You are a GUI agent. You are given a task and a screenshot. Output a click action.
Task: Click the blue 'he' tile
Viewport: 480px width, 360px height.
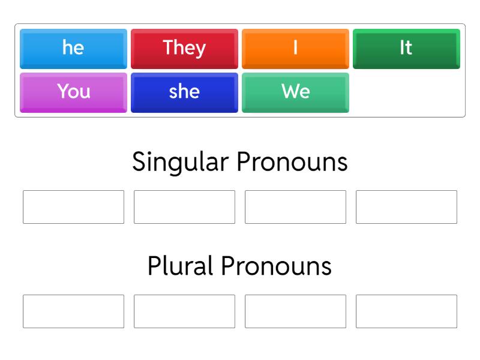click(73, 48)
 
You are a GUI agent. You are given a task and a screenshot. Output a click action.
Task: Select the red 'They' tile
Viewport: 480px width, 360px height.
click(184, 48)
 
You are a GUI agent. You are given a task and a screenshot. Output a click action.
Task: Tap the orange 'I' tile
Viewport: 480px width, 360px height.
click(295, 48)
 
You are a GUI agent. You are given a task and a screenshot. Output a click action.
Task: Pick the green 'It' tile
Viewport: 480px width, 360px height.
click(406, 48)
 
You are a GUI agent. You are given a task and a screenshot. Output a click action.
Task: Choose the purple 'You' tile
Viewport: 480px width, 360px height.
click(73, 92)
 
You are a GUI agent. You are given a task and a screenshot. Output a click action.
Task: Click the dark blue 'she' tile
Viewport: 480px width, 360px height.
click(184, 92)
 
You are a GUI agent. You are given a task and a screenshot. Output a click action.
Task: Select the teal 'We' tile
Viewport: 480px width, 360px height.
click(295, 92)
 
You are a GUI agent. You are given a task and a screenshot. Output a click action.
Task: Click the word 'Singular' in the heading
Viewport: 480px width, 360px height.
click(180, 162)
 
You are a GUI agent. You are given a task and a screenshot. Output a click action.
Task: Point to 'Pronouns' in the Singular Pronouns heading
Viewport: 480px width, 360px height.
click(292, 162)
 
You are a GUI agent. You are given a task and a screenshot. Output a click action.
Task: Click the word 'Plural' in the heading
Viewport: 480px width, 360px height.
click(180, 266)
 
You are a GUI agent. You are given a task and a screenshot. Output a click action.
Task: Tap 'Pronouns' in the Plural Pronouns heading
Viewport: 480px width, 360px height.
click(276, 266)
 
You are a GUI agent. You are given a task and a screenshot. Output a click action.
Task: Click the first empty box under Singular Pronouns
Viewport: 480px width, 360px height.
click(73, 207)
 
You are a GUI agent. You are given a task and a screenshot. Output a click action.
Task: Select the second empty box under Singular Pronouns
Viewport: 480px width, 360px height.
click(184, 207)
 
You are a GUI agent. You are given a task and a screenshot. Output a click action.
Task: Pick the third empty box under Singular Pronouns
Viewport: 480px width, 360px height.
click(295, 207)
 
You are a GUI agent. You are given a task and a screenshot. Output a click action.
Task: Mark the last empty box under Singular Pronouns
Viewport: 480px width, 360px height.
click(406, 207)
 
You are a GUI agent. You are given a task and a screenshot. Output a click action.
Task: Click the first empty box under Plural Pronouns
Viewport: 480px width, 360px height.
click(73, 311)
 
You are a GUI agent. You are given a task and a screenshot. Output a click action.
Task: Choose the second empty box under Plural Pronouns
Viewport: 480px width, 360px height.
click(184, 311)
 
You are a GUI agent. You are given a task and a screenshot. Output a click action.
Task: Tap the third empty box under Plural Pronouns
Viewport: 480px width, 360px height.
click(295, 311)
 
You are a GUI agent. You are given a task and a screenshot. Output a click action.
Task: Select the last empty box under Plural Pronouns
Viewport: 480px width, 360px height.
click(406, 311)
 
